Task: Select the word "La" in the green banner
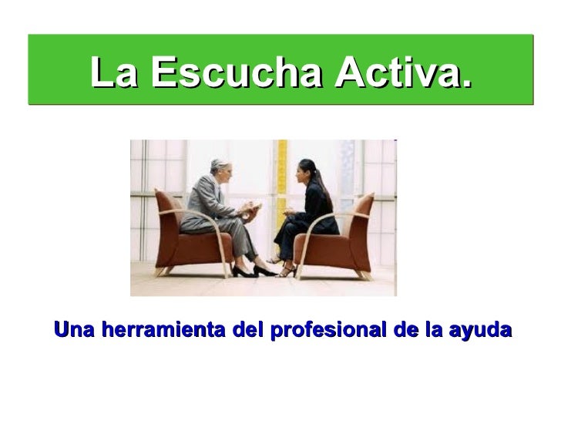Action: [x=114, y=73]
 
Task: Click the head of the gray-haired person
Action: [x=217, y=167]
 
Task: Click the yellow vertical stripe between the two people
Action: [x=281, y=166]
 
